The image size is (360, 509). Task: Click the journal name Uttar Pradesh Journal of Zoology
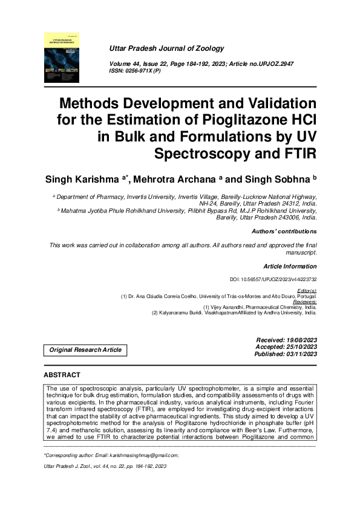click(166, 48)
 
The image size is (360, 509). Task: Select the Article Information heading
click(290, 267)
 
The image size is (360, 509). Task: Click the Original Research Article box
click(85, 350)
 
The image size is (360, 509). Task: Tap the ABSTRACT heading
click(62, 375)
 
